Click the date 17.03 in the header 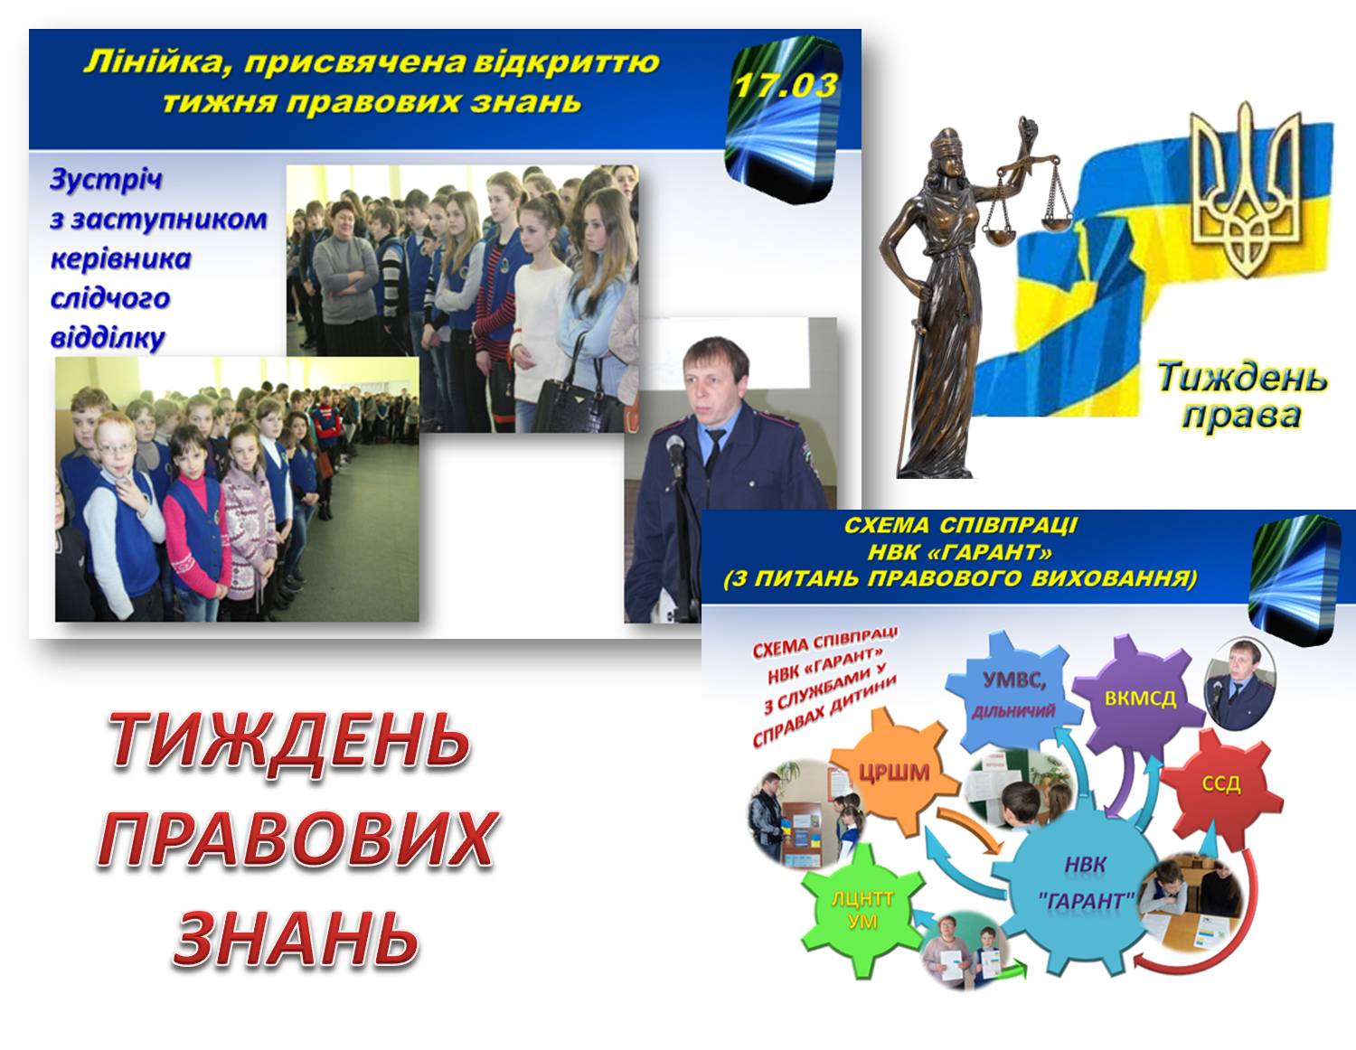785,85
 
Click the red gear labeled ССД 1220,784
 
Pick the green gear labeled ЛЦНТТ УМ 863,910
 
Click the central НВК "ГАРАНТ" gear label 1085,882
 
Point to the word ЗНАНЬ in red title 296,937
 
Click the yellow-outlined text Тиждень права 1242,396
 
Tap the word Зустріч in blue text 106,180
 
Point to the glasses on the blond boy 117,447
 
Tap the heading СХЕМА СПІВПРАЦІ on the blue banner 961,525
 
